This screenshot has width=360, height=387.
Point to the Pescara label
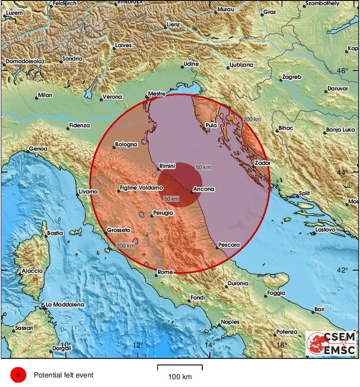(230, 245)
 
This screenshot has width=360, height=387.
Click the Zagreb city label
(292, 77)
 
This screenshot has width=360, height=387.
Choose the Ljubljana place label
(240, 65)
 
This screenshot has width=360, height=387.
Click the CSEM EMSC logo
(331, 344)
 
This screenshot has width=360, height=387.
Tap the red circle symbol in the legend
(18, 375)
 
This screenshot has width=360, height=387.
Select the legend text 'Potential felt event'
(63, 375)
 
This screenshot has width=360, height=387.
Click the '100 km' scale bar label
(180, 377)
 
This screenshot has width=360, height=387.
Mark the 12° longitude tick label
(138, 345)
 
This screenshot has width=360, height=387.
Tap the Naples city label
(230, 322)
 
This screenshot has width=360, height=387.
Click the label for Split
(305, 193)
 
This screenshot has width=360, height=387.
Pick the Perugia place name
(163, 213)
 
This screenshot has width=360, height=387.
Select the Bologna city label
(126, 145)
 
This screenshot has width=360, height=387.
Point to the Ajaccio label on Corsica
(32, 271)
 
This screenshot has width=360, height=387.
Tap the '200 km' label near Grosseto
(125, 246)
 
